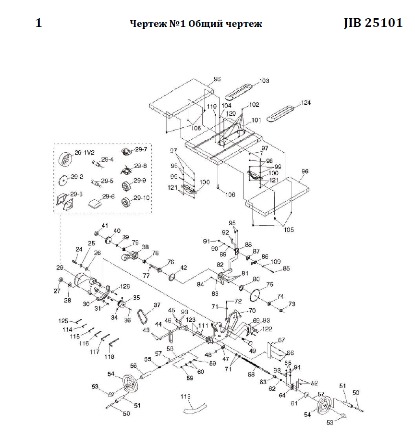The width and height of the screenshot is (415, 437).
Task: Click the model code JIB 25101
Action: [x=373, y=24]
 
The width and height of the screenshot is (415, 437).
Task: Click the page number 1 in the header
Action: [x=39, y=23]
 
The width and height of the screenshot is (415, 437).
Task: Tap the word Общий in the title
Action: [x=208, y=24]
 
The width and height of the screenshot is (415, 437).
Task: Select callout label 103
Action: [x=264, y=82]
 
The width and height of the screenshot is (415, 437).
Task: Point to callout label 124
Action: [x=305, y=103]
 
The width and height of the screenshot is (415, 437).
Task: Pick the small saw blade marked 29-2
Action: [x=62, y=181]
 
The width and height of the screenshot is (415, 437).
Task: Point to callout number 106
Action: [x=231, y=195]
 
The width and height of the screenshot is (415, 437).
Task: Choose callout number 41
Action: [x=105, y=225]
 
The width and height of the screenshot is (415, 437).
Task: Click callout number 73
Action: [x=292, y=304]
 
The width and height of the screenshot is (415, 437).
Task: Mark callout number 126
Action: [x=125, y=287]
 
